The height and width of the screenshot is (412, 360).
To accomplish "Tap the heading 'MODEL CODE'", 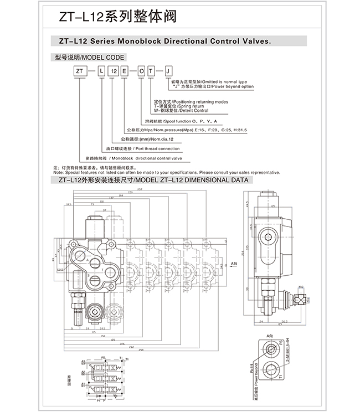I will point(105,57).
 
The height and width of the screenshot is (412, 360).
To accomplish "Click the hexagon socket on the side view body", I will point(269,240).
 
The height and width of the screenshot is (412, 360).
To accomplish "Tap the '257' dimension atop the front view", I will point(140,189).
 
